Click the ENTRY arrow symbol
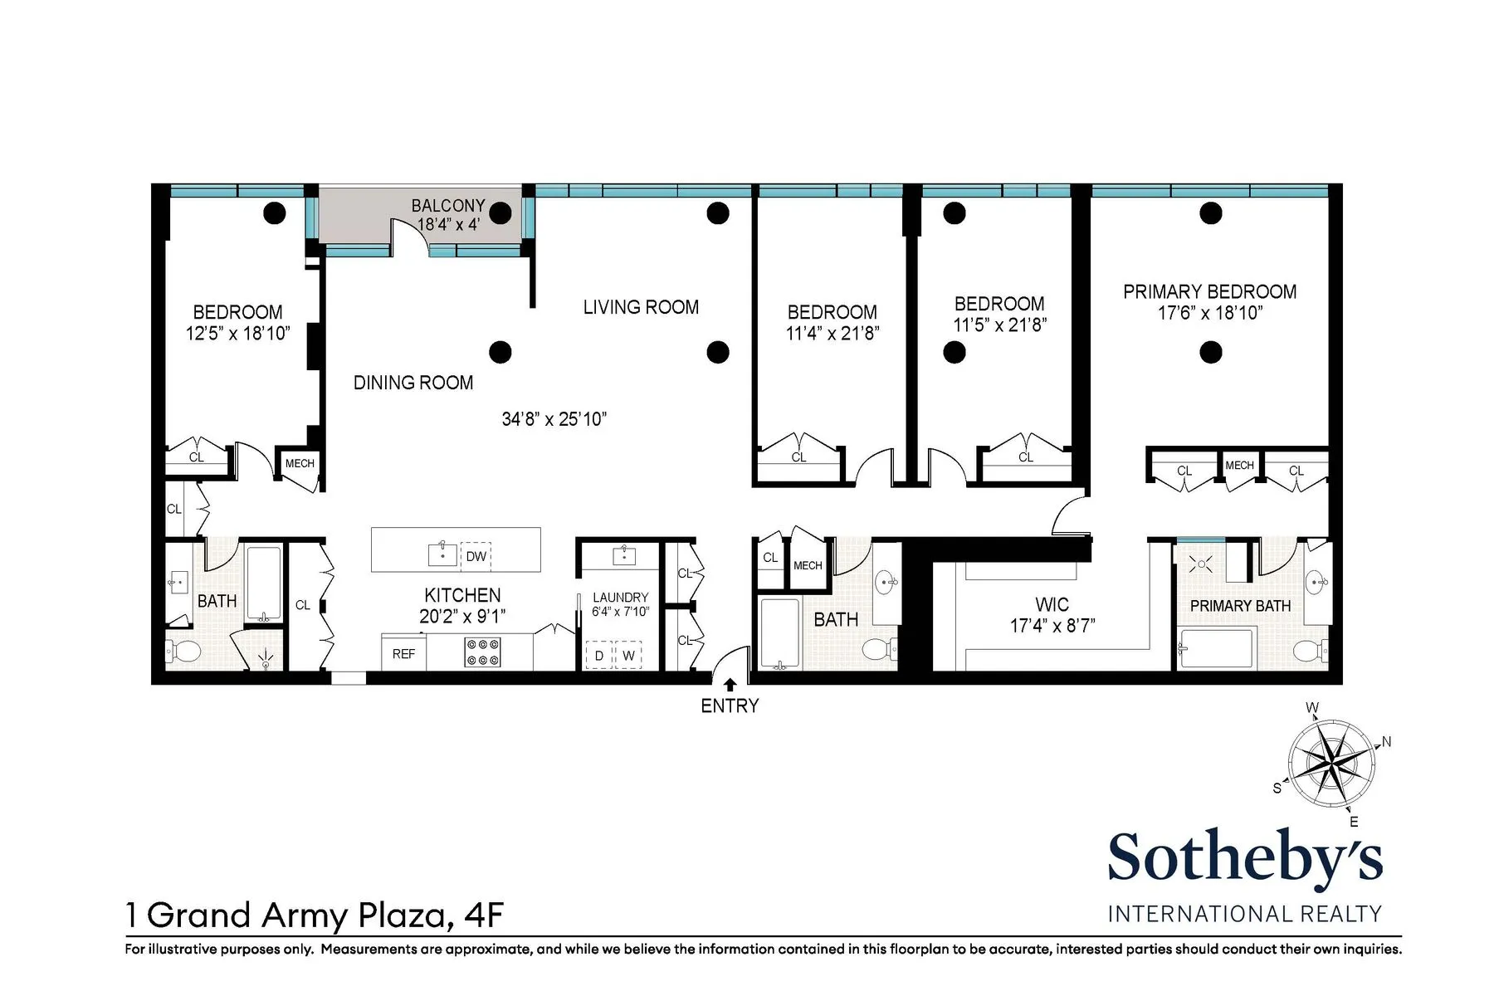pyautogui.click(x=730, y=685)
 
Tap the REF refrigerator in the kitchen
pyautogui.click(x=403, y=654)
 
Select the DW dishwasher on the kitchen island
pyautogui.click(x=476, y=556)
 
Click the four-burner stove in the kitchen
pyautogui.click(x=482, y=652)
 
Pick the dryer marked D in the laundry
pyautogui.click(x=599, y=655)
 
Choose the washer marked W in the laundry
pyautogui.click(x=628, y=655)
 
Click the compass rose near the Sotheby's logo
pyautogui.click(x=1330, y=762)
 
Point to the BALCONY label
pyautogui.click(x=448, y=205)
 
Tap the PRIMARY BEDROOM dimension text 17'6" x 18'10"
pyautogui.click(x=1210, y=313)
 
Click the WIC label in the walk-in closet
pyautogui.click(x=1052, y=604)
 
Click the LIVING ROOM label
pyautogui.click(x=641, y=307)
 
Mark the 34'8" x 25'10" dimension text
pyautogui.click(x=554, y=419)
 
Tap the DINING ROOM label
pyautogui.click(x=413, y=383)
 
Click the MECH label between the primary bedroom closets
pyautogui.click(x=1239, y=466)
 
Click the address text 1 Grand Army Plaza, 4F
pyautogui.click(x=315, y=915)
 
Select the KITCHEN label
pyautogui.click(x=462, y=595)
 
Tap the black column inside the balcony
pyautogui.click(x=500, y=213)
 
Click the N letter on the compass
pyautogui.click(x=1386, y=742)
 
